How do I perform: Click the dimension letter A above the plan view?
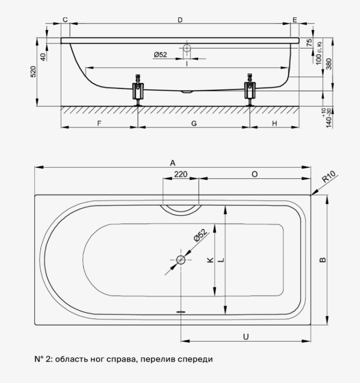[173, 163]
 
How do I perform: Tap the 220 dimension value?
[181, 174]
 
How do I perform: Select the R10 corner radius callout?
[328, 177]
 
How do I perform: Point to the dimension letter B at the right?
[323, 259]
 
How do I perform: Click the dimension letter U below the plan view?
[246, 337]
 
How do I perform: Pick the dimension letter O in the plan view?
[254, 174]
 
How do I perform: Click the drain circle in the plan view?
[181, 260]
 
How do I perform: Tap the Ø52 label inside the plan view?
[200, 235]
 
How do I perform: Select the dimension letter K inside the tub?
[210, 260]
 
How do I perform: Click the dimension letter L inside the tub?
[221, 260]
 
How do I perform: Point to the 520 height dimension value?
[33, 71]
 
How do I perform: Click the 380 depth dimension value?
[329, 64]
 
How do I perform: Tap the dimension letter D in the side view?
[180, 20]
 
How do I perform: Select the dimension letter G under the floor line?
[194, 124]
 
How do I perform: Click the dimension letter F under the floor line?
[99, 124]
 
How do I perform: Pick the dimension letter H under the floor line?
[274, 124]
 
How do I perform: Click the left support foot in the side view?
[138, 90]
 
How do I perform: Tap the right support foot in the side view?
[250, 90]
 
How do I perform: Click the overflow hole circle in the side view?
[187, 48]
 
